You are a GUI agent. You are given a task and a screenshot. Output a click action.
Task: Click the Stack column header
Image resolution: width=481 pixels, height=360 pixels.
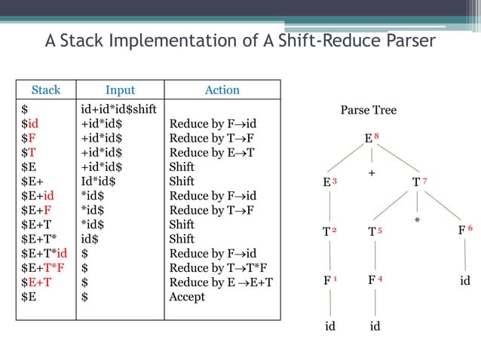pyautogui.click(x=46, y=90)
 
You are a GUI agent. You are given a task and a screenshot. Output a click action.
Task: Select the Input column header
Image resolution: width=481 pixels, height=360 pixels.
pyautogui.click(x=121, y=90)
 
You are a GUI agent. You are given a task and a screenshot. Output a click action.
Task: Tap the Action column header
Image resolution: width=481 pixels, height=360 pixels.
pyautogui.click(x=222, y=90)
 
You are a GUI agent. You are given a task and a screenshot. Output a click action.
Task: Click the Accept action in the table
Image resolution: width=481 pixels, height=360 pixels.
pyautogui.click(x=187, y=297)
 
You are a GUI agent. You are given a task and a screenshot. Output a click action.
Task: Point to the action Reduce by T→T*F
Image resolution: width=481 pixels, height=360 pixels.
pyautogui.click(x=219, y=267)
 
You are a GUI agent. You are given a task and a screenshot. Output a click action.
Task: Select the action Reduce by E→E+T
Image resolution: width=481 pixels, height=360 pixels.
pyautogui.click(x=221, y=282)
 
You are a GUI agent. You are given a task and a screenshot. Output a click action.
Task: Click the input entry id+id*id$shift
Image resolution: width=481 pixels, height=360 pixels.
pyautogui.click(x=118, y=109)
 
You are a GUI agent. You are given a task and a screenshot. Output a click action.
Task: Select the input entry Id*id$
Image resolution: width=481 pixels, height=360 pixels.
pyautogui.click(x=100, y=182)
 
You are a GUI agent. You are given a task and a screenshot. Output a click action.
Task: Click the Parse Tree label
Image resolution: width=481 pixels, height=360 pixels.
pyautogui.click(x=368, y=111)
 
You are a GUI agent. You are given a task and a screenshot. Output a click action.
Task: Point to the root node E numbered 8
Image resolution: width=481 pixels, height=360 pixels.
pyautogui.click(x=369, y=139)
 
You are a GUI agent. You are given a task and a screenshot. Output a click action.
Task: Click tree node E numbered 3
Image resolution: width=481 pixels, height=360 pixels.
pyautogui.click(x=326, y=183)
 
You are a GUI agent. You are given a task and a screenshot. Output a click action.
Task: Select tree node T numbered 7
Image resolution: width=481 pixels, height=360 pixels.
pyautogui.click(x=416, y=183)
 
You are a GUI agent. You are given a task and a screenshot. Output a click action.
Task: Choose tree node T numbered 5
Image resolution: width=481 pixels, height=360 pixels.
pyautogui.click(x=372, y=232)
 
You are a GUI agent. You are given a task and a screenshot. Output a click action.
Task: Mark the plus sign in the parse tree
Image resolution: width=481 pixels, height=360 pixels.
pyautogui.click(x=372, y=174)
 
